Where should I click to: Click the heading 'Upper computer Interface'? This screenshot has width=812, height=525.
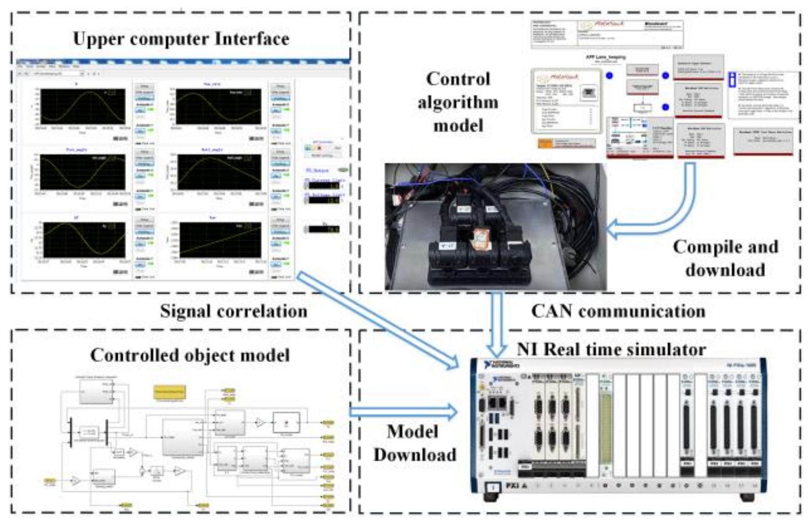click(181, 39)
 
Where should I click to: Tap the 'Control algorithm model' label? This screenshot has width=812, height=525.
click(458, 102)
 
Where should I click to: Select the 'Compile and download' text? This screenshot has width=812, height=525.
click(725, 258)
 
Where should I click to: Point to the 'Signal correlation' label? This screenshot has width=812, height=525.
click(233, 311)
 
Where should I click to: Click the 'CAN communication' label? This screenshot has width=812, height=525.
click(618, 311)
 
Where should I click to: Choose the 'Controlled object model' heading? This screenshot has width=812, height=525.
click(190, 355)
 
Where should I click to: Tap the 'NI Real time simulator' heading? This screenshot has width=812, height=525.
click(611, 350)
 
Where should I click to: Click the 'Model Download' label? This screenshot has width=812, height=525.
click(414, 443)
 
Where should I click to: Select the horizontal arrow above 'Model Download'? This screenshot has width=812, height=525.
click(403, 411)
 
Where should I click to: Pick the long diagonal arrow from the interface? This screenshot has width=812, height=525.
click(378, 320)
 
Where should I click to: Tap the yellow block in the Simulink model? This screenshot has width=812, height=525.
click(169, 392)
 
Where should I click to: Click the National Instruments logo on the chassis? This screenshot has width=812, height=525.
click(501, 364)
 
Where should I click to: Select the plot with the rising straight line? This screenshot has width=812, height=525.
click(220, 240)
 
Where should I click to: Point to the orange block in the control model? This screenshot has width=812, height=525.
click(545, 144)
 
